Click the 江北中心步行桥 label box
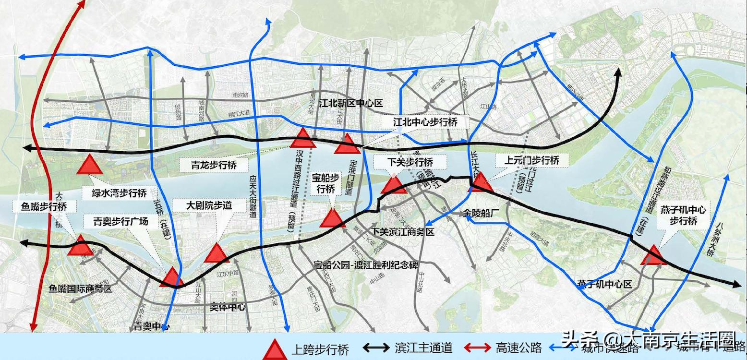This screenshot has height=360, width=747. click(425, 122)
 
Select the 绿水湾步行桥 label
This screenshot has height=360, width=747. click(120, 193)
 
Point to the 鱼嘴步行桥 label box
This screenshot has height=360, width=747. click(44, 207)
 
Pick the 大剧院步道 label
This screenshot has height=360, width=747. click(209, 205)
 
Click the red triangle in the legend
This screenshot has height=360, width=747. click(276, 349)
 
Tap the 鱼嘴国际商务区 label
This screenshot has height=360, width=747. click(81, 289)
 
